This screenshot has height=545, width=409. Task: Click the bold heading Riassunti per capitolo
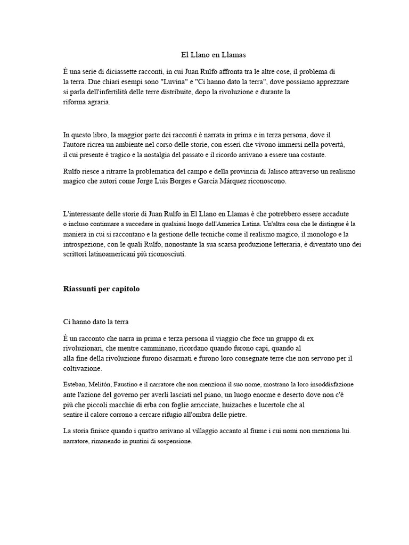(101, 289)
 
